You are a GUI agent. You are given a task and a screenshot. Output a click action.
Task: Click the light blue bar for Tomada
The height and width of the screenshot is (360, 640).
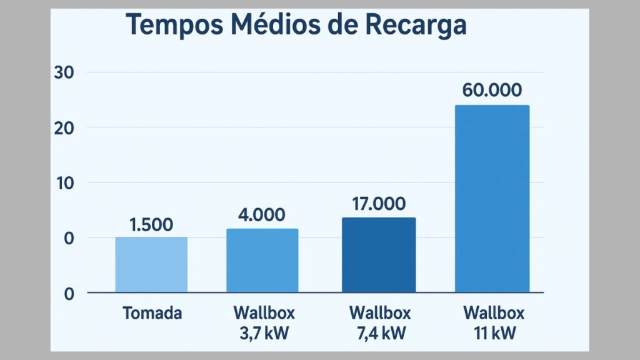[x=151, y=264]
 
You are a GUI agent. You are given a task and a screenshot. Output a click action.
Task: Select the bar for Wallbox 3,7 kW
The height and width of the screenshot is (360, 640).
[x=262, y=260]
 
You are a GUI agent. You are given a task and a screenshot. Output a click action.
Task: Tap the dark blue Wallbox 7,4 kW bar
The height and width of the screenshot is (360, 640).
[x=379, y=254]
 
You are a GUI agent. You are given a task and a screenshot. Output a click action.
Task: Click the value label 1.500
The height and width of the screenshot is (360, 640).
[x=151, y=225]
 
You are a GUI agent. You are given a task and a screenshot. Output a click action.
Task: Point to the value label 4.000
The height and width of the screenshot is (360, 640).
[x=262, y=215]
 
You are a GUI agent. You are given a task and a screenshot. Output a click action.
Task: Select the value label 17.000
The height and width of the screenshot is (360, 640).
[x=379, y=204]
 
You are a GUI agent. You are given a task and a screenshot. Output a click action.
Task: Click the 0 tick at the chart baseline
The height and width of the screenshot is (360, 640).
[x=69, y=293]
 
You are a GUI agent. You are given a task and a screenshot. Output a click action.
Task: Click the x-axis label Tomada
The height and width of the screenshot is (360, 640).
[x=152, y=312]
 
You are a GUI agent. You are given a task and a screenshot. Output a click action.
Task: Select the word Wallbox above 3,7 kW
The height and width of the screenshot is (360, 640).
[x=264, y=312]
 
